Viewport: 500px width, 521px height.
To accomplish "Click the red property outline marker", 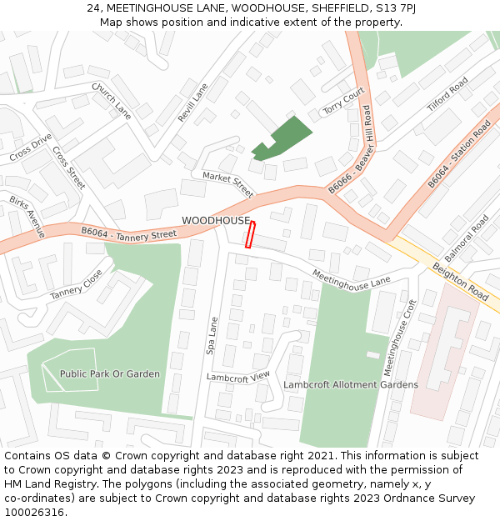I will tap(250, 234).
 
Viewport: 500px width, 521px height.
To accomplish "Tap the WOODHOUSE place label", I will tap(216, 220).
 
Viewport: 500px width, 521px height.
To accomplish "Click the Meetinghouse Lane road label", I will tap(351, 278).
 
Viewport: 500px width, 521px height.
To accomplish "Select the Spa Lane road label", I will tap(212, 334).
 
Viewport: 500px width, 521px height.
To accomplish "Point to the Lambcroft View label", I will tap(238, 377).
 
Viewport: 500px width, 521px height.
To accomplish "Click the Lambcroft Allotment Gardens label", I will tap(351, 384).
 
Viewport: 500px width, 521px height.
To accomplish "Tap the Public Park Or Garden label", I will tap(109, 373).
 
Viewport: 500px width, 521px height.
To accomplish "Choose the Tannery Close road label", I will tap(77, 284).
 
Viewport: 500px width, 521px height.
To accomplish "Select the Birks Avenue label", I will tap(27, 217).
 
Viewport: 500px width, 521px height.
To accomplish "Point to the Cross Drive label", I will tap(31, 148).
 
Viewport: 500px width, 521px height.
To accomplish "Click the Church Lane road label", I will tap(112, 100).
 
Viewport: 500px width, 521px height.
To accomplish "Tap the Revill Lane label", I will tap(192, 103).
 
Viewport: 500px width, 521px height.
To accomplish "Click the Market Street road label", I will tap(227, 184).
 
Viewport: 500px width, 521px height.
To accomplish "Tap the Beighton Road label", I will tap(460, 282).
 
